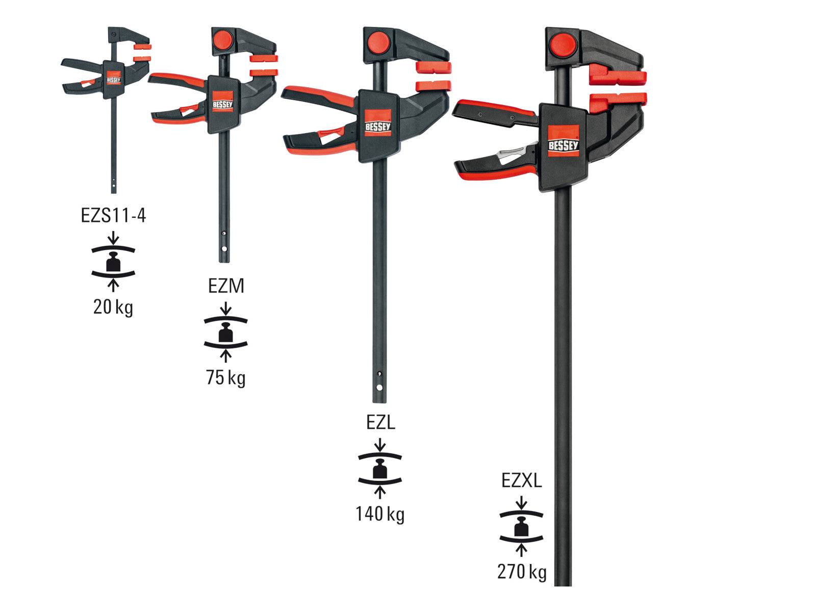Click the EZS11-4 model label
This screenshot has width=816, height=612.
[x=113, y=216]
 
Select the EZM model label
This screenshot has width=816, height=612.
[x=226, y=287]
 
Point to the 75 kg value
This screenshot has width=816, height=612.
[x=225, y=378]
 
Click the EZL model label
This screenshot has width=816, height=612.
[x=380, y=423]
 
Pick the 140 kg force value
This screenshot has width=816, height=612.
[x=379, y=514]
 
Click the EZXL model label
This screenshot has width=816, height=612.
[x=521, y=481]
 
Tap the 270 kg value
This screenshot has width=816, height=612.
[x=521, y=572]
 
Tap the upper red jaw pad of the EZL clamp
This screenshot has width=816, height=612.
[x=434, y=67]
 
